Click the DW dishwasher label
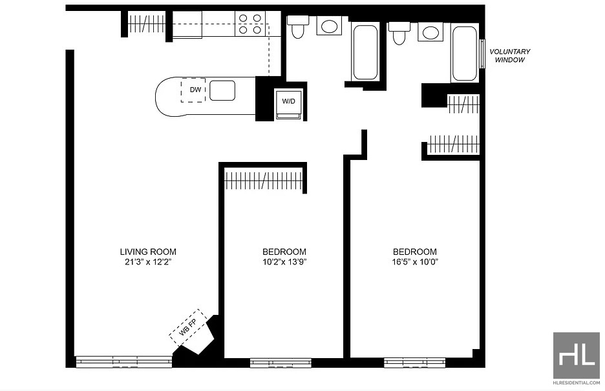click(x=196, y=90)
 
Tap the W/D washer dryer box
click(x=289, y=104)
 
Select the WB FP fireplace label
click(x=188, y=328)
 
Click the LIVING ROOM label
click(x=148, y=252)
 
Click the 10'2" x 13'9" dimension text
click(x=285, y=263)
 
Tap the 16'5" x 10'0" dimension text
click(x=415, y=263)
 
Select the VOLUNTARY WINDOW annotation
click(x=510, y=55)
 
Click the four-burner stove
click(x=250, y=24)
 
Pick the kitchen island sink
click(x=222, y=90)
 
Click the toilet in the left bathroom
click(x=297, y=26)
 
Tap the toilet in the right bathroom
click(x=399, y=32)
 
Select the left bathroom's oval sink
click(x=329, y=26)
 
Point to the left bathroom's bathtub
click(x=365, y=52)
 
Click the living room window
click(x=124, y=361)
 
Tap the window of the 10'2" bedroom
click(x=281, y=363)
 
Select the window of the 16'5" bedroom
click(x=414, y=363)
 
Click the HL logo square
click(x=577, y=356)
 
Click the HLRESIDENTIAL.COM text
click(x=577, y=383)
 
